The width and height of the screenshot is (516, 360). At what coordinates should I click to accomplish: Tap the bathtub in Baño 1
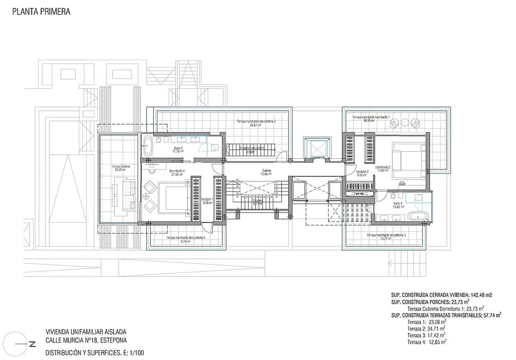(148, 146)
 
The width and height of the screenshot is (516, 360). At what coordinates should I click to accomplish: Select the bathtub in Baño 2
(416, 216)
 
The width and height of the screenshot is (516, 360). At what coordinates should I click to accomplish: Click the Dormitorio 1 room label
(177, 172)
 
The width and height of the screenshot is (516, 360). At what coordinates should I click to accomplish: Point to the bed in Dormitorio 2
(407, 161)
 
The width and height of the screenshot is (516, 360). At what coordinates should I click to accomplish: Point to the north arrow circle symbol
(17, 344)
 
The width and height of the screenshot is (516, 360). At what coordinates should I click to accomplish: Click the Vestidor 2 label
(362, 173)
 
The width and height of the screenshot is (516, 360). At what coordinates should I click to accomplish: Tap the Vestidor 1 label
(207, 200)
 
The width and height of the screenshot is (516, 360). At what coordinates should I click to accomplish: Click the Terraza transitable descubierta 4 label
(185, 239)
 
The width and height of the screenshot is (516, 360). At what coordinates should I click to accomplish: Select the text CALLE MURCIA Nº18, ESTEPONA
(86, 340)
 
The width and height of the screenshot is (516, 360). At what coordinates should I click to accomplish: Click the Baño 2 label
(397, 205)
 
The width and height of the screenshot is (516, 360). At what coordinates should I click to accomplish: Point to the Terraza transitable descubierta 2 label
(256, 123)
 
